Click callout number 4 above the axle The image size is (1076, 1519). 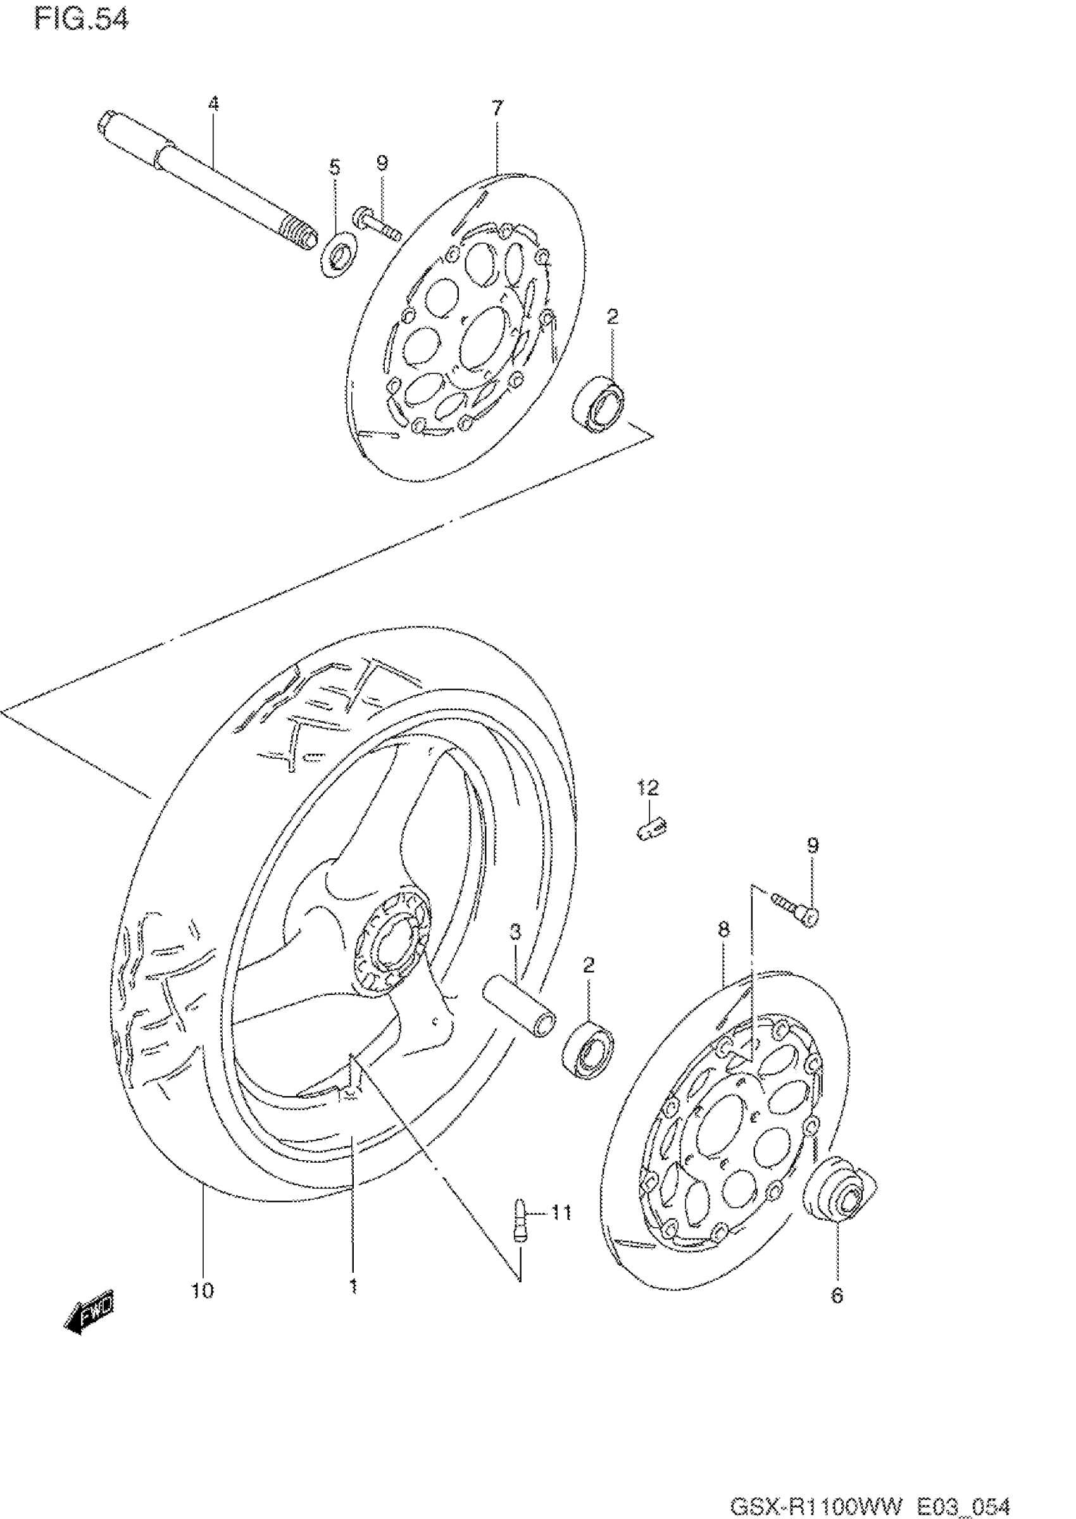(213, 103)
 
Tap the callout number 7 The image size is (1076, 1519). (497, 107)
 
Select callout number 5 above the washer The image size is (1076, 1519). (335, 166)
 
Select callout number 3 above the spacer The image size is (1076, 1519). (515, 932)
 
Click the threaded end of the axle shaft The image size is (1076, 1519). (299, 237)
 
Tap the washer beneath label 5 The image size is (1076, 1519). (340, 255)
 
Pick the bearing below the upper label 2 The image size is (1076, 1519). (599, 404)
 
